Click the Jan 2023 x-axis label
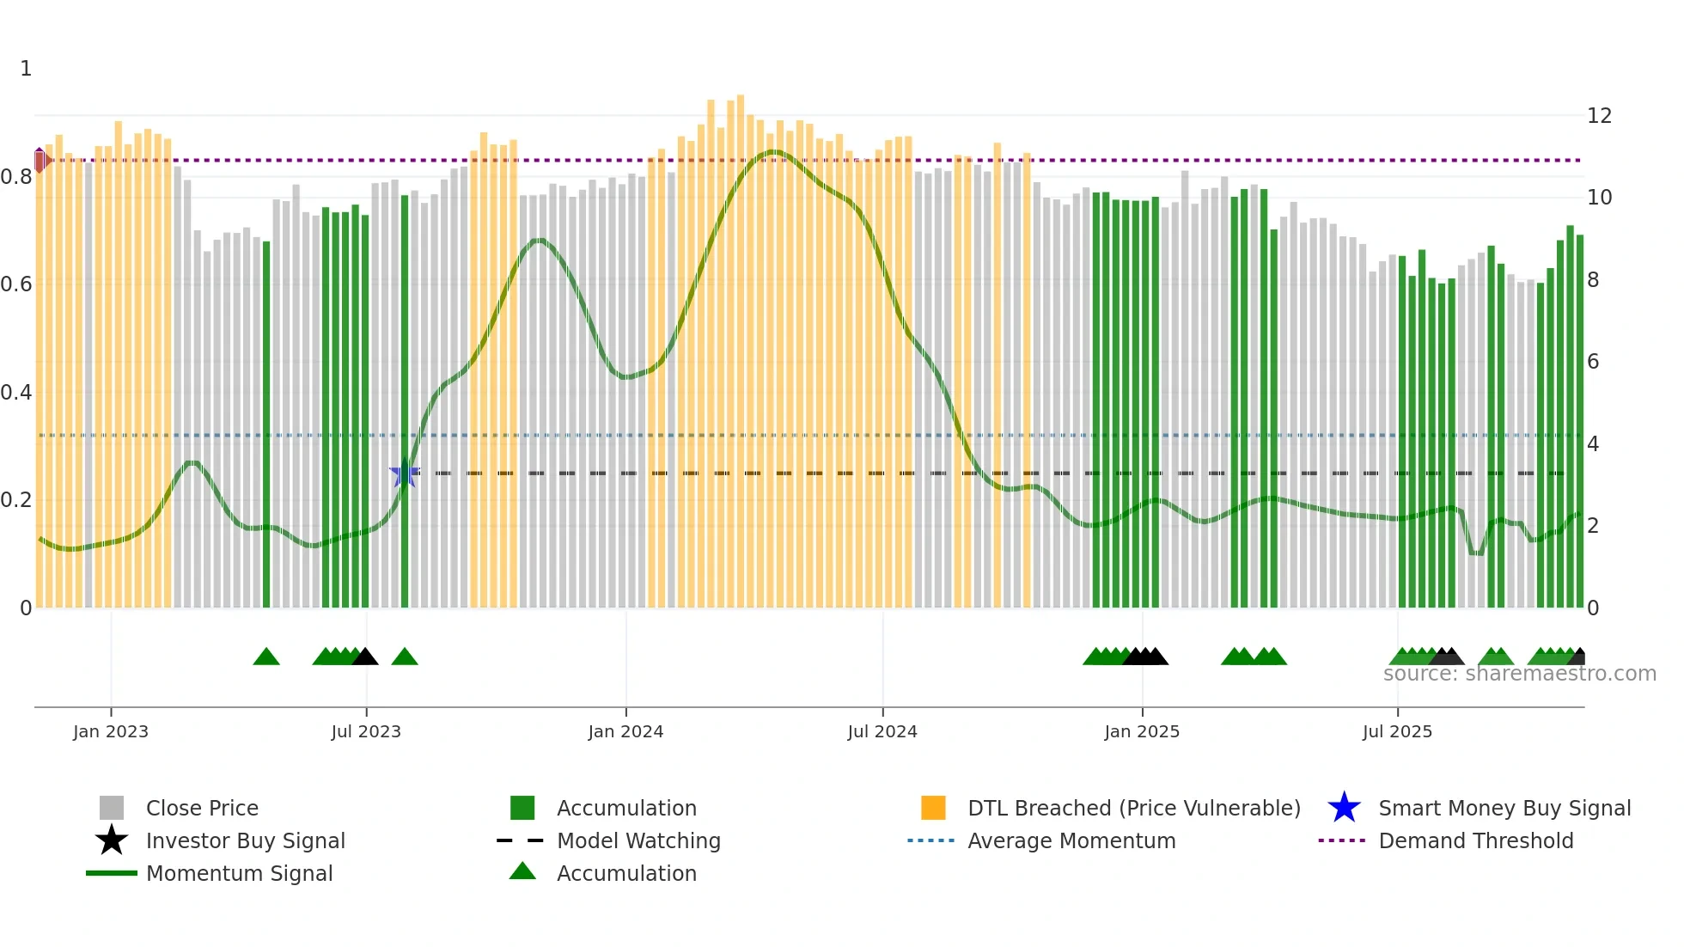pyautogui.click(x=110, y=731)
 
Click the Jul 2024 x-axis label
pyautogui.click(x=882, y=731)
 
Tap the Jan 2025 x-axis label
pyautogui.click(x=1141, y=731)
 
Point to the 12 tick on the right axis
pyautogui.click(x=1598, y=116)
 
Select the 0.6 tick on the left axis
pyautogui.click(x=17, y=284)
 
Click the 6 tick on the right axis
pyautogui.click(x=1592, y=362)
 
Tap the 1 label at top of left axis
pyautogui.click(x=26, y=69)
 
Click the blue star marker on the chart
pyautogui.click(x=404, y=473)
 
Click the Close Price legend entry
pyautogui.click(x=201, y=808)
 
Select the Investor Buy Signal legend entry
pyautogui.click(x=245, y=840)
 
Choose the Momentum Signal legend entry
pyautogui.click(x=239, y=873)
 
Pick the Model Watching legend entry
pyautogui.click(x=638, y=840)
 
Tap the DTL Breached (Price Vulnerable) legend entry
pyautogui.click(x=1133, y=808)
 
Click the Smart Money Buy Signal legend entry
pyautogui.click(x=1504, y=808)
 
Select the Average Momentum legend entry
pyautogui.click(x=1071, y=840)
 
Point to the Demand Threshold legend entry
pyautogui.click(x=1475, y=840)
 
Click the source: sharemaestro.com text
pyautogui.click(x=1519, y=674)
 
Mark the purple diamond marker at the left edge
pyautogui.click(x=40, y=160)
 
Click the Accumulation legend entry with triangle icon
pyautogui.click(x=625, y=873)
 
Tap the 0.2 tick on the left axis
pyautogui.click(x=17, y=500)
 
